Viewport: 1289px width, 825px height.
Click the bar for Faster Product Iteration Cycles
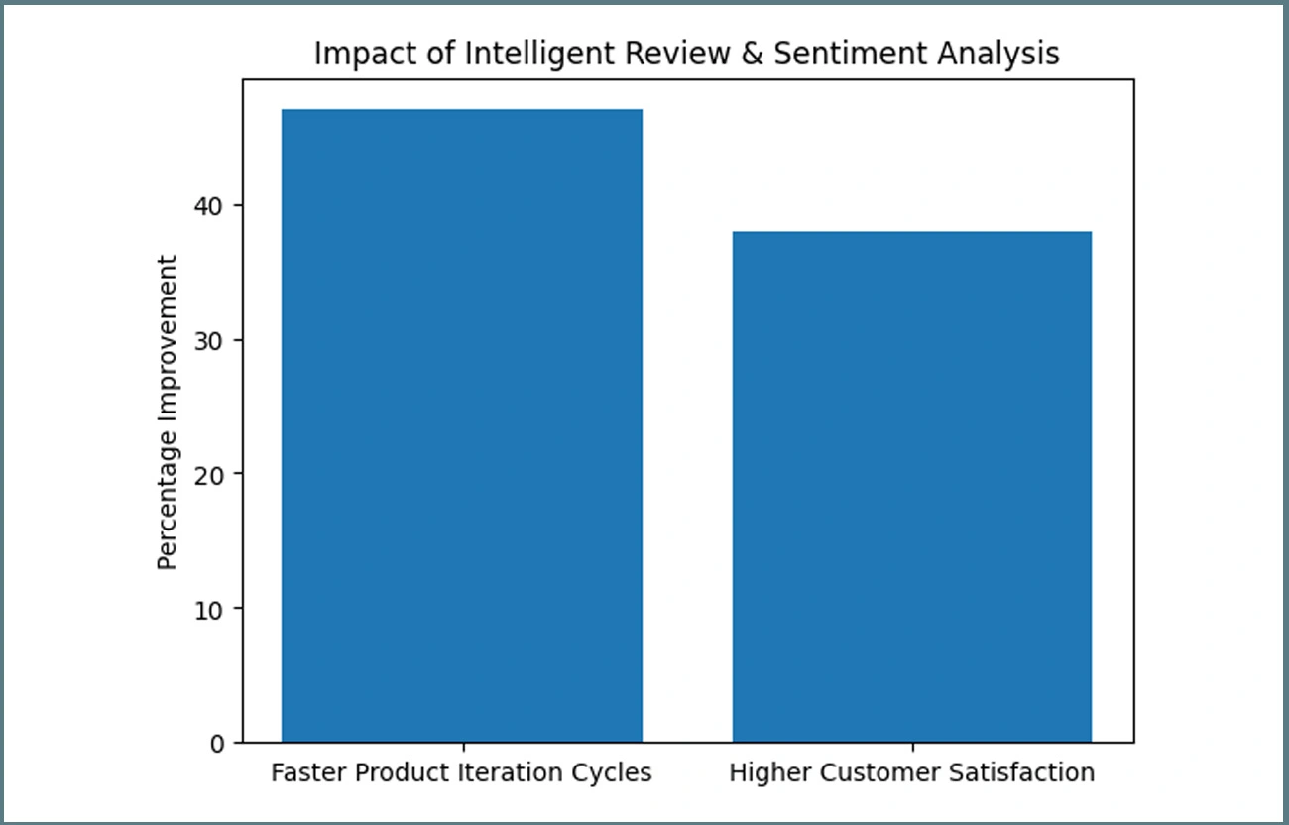[462, 425]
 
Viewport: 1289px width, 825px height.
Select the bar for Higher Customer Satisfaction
[912, 486]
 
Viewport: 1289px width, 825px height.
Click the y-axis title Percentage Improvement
[168, 412]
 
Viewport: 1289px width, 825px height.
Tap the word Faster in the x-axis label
[300, 772]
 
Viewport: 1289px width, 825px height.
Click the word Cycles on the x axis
[617, 772]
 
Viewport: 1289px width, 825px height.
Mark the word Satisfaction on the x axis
[1026, 772]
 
